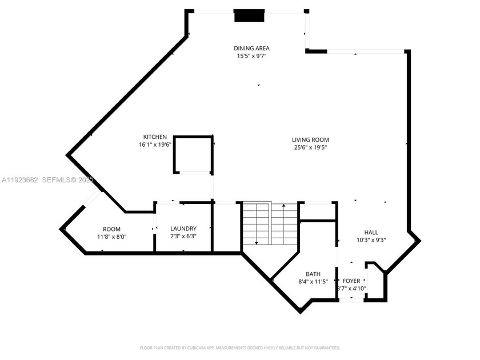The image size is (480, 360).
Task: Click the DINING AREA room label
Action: [251, 48]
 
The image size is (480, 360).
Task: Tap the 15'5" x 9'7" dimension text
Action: [251, 56]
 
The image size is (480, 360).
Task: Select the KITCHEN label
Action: [155, 137]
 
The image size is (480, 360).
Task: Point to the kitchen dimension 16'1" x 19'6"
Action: [155, 145]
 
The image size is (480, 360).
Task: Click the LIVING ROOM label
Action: [310, 139]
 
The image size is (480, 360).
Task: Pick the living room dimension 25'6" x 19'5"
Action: [310, 147]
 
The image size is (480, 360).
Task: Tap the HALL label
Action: [371, 233]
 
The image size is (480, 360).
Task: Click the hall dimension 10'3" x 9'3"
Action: [371, 241]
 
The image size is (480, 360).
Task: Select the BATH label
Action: [313, 274]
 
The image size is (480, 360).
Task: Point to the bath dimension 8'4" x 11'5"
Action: [313, 282]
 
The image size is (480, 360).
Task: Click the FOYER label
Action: [351, 281]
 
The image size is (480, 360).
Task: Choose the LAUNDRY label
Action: [183, 229]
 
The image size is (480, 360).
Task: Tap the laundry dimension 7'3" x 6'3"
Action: [183, 237]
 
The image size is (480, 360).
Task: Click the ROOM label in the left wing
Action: [111, 229]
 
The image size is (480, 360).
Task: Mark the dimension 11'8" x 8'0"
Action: [111, 237]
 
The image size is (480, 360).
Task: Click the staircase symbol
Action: [270, 223]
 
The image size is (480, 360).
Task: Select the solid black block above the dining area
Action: [250, 16]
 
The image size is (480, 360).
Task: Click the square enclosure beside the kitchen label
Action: [193, 154]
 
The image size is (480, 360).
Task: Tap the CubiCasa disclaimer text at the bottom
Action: [240, 347]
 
